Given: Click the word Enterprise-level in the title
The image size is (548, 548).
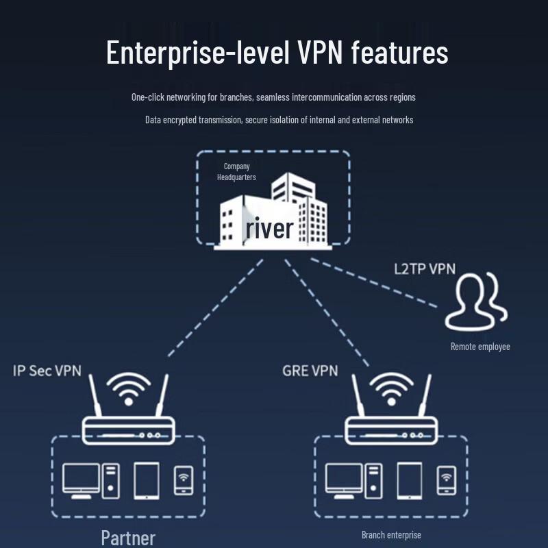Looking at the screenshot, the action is point(198,53).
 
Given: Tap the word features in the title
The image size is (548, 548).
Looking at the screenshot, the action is point(399,52).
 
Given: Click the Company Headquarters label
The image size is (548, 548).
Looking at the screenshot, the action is point(236,172).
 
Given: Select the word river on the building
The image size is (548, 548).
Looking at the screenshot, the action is point(269,228).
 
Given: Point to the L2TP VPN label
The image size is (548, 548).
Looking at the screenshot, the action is point(425,269).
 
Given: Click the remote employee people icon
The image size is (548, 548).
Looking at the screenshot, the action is point(476,301).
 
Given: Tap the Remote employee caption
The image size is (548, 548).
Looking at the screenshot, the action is point(480,347).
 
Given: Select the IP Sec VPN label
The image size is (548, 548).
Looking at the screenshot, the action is point(47,371).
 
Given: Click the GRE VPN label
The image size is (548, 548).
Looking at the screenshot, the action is point(310,371).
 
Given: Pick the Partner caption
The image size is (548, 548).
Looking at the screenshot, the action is point(128,538).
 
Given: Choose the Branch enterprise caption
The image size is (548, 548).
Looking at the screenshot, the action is point(391,535).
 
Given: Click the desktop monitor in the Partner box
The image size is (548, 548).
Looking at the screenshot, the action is point(81,481).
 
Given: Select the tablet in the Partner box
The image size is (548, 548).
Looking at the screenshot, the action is point(147,481).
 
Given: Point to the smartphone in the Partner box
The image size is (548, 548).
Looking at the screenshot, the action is point(184,481).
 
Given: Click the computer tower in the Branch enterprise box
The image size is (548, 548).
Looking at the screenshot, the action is point(373,481).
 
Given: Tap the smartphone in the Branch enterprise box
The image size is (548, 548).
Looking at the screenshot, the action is point(447,481).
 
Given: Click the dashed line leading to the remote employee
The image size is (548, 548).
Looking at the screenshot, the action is point(373,283).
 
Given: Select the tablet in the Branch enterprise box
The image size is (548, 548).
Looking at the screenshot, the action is point(410,481).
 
